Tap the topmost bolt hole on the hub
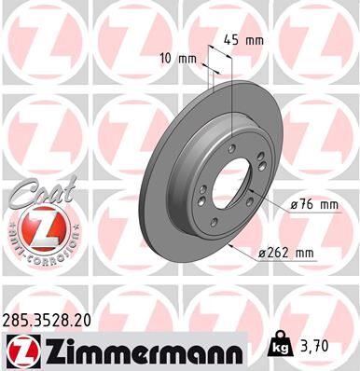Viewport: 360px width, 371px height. pyautogui.click(x=230, y=146)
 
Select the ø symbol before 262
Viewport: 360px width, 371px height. pyautogui.click(x=261, y=252)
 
